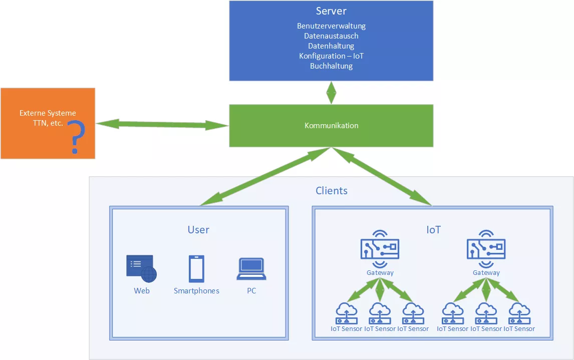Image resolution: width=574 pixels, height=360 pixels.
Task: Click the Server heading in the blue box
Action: pos(331,11)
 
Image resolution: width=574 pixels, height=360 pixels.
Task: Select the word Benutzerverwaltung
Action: pos(331,26)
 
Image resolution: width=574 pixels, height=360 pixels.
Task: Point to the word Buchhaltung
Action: pos(331,66)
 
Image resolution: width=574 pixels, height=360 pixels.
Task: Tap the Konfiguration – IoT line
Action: pos(331,56)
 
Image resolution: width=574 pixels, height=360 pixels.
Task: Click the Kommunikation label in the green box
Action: pos(331,126)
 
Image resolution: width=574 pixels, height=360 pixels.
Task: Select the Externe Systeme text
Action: pos(48,113)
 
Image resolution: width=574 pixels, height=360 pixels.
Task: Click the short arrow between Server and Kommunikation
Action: pos(331,93)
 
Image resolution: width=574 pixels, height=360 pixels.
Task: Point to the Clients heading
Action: pos(331,191)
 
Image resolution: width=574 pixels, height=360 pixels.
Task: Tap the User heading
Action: pos(198,230)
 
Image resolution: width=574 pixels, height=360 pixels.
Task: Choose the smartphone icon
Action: pos(196,269)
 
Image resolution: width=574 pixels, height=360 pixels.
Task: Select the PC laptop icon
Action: pos(251,269)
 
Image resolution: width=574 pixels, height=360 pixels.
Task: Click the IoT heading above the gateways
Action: pos(433,230)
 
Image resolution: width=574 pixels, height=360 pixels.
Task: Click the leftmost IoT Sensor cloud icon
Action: pos(346,313)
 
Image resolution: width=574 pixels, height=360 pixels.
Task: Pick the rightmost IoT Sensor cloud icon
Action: pos(519,313)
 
